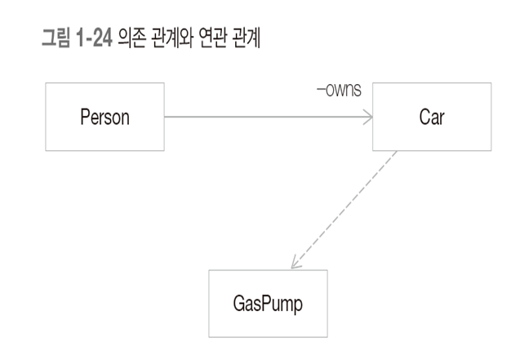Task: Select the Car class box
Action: point(432,117)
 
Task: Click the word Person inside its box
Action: point(104,117)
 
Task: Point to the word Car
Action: point(432,117)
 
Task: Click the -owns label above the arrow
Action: point(339,87)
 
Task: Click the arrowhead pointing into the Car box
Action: point(367,117)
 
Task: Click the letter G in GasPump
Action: point(229,304)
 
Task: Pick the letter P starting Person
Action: point(84,117)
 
